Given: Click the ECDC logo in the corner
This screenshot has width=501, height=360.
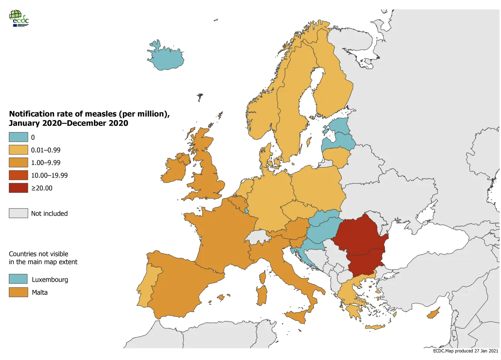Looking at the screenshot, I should pyautogui.click(x=19, y=18).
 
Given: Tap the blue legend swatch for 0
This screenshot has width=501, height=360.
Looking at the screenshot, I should pyautogui.click(x=19, y=137).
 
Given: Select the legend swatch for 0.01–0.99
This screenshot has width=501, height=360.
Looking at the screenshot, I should pyautogui.click(x=19, y=150).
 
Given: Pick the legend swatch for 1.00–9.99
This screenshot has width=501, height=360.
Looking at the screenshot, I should pyautogui.click(x=19, y=163).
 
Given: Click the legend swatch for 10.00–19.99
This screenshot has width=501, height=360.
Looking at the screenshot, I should pyautogui.click(x=19, y=175).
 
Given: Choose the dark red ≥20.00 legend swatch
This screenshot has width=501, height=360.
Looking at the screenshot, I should pyautogui.click(x=19, y=188).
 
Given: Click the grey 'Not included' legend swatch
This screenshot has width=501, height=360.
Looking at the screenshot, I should pyautogui.click(x=19, y=213).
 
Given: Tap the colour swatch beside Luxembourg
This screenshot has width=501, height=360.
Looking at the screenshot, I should pyautogui.click(x=19, y=279).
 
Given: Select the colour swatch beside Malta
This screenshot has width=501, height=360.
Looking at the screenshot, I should pyautogui.click(x=19, y=292).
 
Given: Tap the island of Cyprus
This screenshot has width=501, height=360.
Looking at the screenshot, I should pyautogui.click(x=433, y=314).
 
